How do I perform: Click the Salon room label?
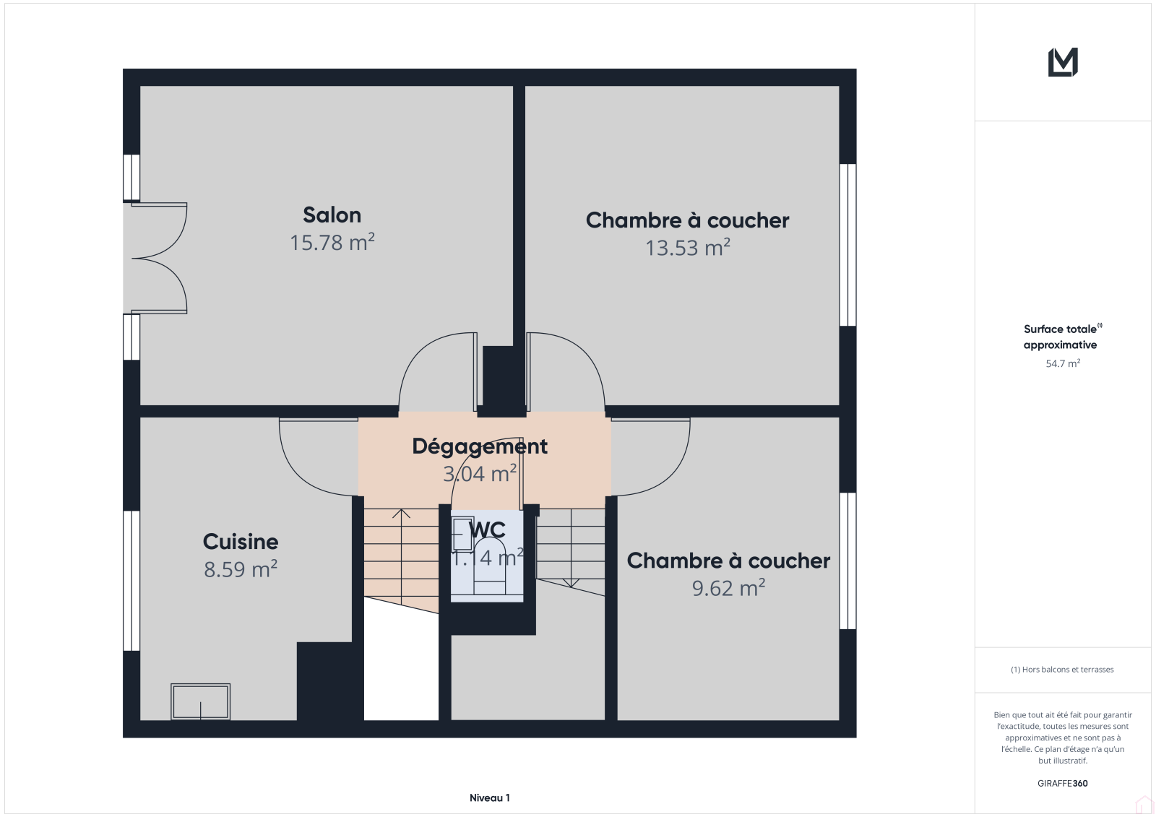click(332, 215)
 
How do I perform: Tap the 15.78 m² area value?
click(332, 243)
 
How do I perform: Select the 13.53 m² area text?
click(687, 248)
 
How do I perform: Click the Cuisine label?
click(241, 542)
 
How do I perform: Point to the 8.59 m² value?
click(241, 569)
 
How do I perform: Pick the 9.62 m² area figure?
click(728, 588)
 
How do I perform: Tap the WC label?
click(487, 530)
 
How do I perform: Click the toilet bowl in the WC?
click(489, 566)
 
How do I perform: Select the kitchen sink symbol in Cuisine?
click(200, 701)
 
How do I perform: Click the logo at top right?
click(1063, 62)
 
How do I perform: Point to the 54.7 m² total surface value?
click(1063, 363)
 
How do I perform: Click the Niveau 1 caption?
click(489, 798)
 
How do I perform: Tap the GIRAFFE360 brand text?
click(1062, 784)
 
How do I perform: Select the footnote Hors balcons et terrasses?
click(1062, 670)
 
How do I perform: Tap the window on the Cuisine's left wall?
click(131, 581)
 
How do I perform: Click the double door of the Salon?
click(158, 258)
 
